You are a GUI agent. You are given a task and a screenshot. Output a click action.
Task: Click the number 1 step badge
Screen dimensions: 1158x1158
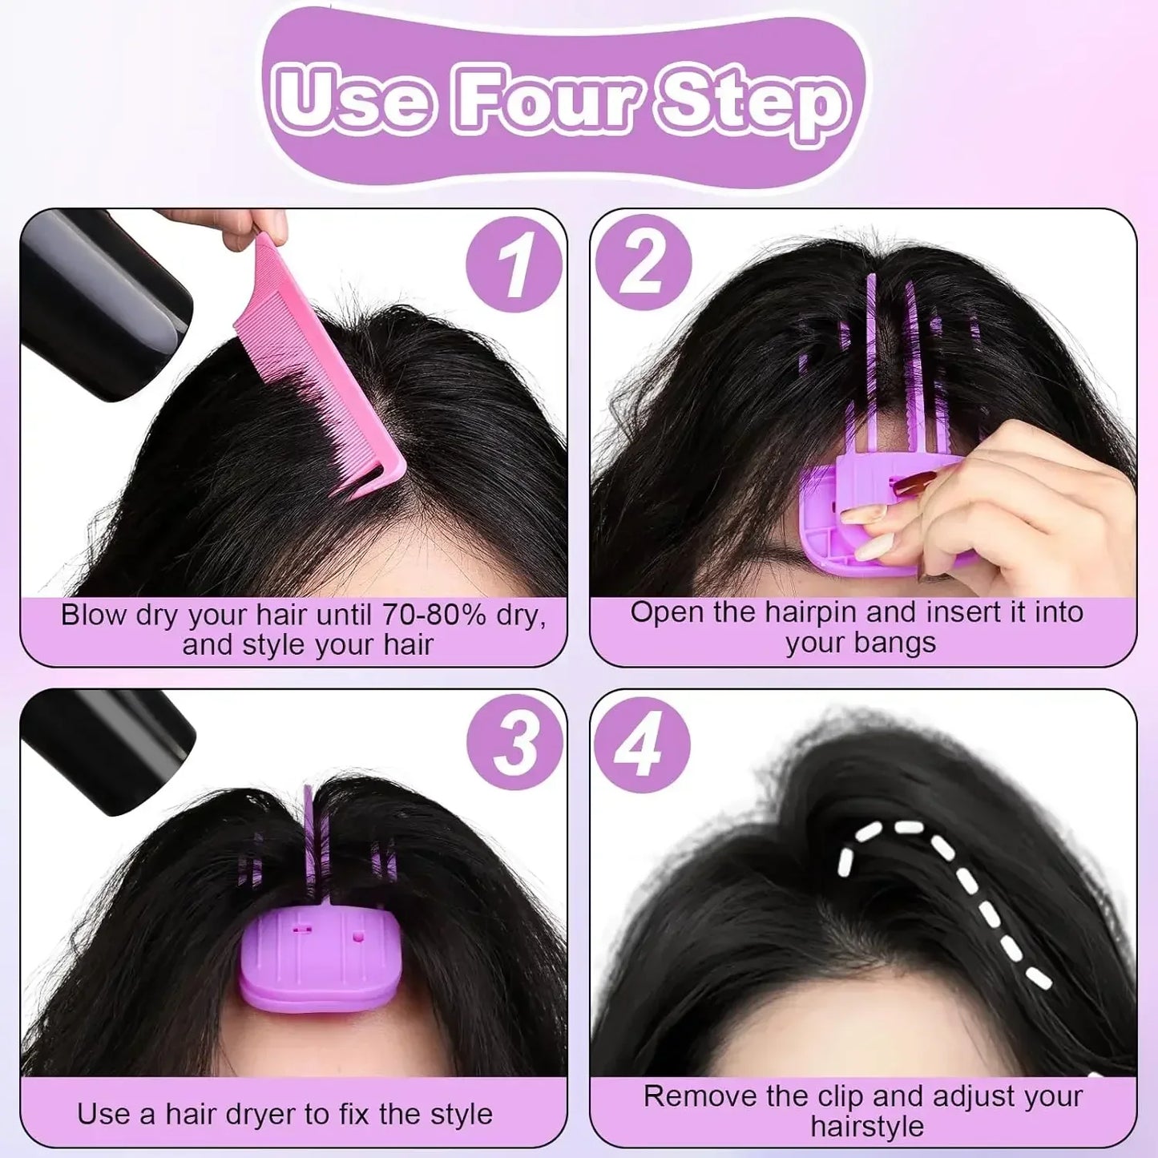click(x=514, y=264)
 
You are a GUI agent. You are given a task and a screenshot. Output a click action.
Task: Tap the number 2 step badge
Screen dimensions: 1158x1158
click(x=643, y=262)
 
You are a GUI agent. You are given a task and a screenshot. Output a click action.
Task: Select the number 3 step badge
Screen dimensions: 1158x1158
click(x=514, y=743)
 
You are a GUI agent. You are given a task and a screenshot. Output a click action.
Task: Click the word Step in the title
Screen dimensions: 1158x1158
click(x=752, y=103)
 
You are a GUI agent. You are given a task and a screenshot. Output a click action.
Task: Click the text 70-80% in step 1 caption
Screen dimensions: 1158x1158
click(x=434, y=615)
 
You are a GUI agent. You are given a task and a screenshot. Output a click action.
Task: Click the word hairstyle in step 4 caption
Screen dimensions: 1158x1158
click(x=866, y=1127)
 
